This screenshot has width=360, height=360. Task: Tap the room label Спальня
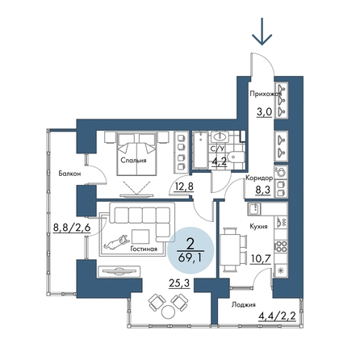133,161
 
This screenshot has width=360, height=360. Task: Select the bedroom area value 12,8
183,186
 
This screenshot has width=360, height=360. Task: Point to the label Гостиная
144,249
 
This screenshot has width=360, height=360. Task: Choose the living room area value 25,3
179,283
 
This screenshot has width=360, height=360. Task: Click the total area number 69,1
190,258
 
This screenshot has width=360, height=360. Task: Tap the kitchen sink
254,209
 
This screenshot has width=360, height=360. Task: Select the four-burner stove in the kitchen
281,246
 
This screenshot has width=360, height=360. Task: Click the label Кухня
258,227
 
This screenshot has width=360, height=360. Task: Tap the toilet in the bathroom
236,157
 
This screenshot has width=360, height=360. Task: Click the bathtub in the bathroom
200,150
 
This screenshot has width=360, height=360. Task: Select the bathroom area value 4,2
219,163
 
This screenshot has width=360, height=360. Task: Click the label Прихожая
266,94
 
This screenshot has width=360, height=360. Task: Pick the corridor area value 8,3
262,190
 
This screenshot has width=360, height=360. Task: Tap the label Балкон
69,174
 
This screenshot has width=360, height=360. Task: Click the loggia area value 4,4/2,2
277,316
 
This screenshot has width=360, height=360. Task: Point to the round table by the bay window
169,312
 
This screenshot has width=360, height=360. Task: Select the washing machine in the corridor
281,172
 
